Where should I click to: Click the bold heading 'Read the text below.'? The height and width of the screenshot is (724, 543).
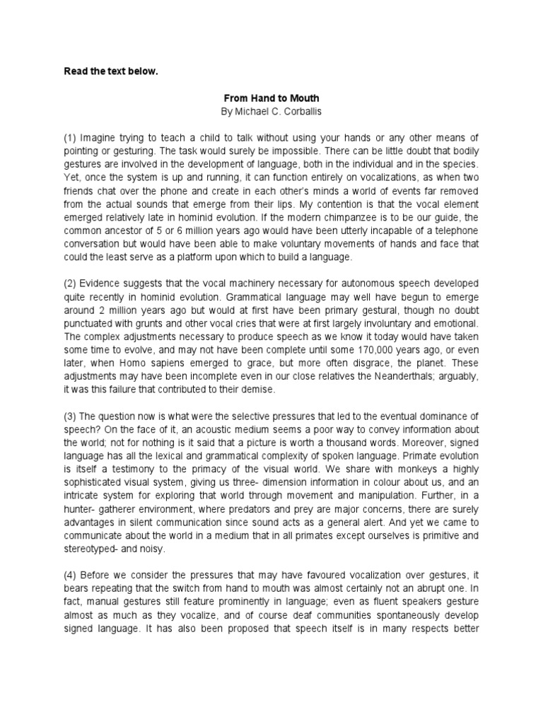[x=106, y=71]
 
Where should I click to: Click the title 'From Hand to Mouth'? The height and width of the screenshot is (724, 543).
[x=271, y=100]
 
